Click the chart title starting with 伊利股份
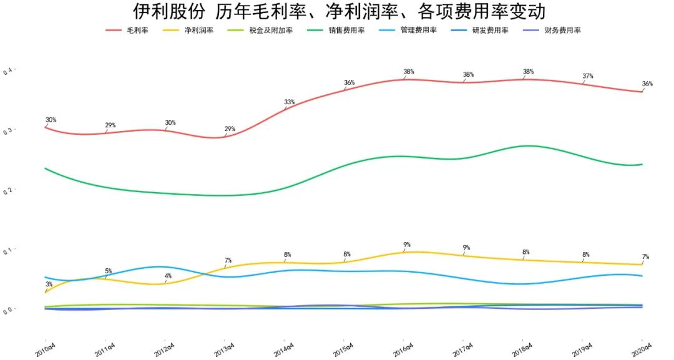339,11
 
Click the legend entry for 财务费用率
562,30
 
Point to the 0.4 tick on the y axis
7,71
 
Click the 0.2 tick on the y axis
7,190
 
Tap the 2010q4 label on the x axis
44,349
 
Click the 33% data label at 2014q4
290,102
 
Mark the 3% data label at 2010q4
49,284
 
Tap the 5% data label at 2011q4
108,271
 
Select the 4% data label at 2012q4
168,275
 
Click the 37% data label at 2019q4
587,76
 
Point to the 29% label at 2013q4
230,129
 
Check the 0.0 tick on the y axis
7,310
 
